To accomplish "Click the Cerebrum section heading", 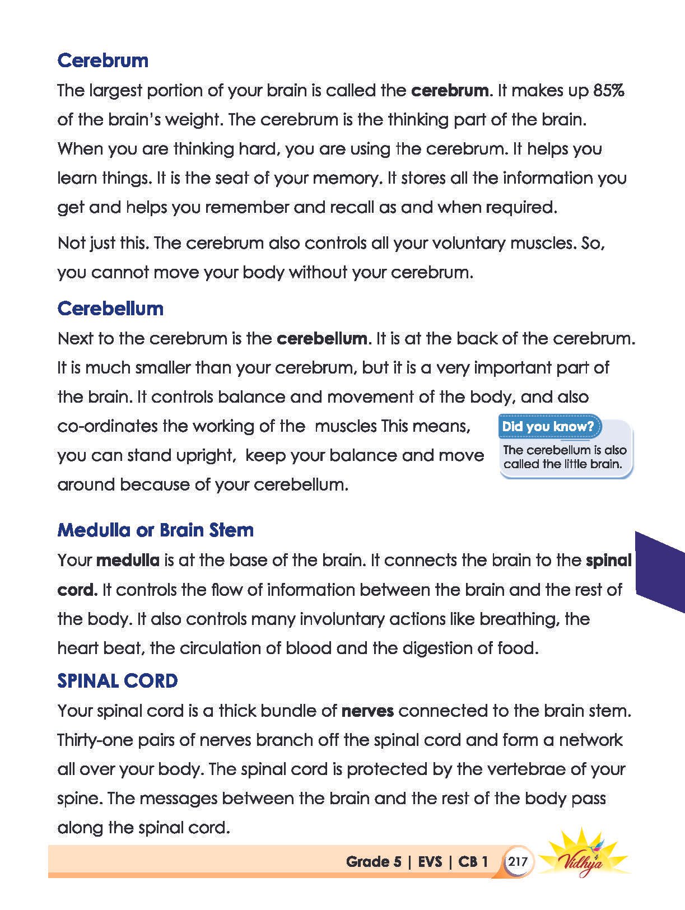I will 103,60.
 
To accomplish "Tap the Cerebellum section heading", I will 110,309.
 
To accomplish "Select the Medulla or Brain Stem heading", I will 155,530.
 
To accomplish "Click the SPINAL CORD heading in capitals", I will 118,681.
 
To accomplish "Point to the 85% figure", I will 608,90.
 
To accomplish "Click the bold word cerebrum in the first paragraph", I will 450,90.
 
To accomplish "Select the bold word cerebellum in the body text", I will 323,338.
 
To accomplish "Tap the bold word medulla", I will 128,560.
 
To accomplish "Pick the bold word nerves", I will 367,711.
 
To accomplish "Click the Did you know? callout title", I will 548,426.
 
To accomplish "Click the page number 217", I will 518,861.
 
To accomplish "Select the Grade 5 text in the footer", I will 374,861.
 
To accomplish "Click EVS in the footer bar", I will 430,861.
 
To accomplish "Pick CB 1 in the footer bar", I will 473,861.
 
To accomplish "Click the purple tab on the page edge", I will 659,571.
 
